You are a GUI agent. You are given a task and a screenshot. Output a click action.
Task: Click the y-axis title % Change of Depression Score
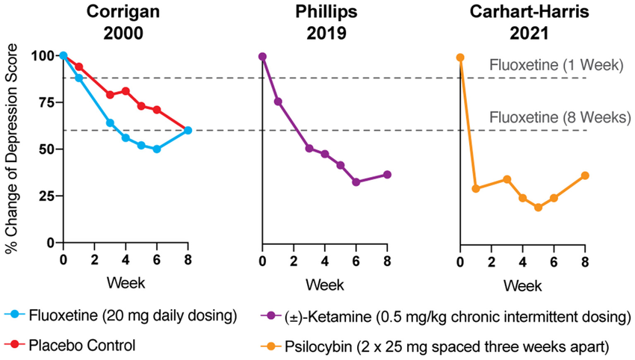(x=13, y=149)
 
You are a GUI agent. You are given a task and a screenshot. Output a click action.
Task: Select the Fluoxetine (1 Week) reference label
(x=557, y=66)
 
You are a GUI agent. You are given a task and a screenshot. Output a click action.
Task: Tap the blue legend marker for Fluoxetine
(x=17, y=317)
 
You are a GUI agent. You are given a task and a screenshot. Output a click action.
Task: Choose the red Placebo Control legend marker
(x=17, y=344)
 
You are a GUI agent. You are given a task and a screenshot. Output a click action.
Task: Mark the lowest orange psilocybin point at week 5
(x=538, y=207)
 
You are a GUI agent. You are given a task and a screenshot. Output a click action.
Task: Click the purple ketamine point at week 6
(x=356, y=181)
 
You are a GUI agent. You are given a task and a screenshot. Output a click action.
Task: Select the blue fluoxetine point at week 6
(x=157, y=149)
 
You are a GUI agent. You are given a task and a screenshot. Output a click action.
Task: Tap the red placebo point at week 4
(x=126, y=91)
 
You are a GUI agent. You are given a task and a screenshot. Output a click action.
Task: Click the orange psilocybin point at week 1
(x=476, y=188)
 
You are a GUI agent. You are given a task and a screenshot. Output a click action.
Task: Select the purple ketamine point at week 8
(x=387, y=175)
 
